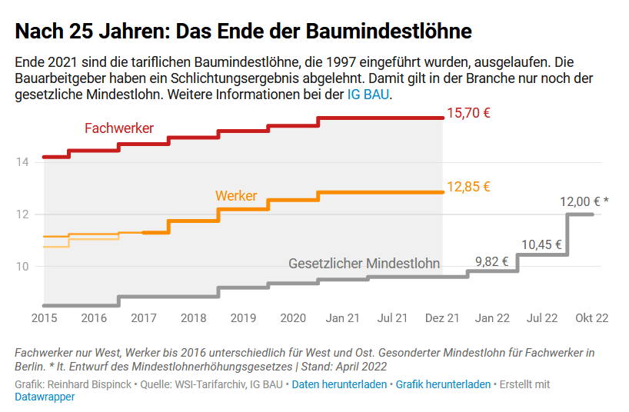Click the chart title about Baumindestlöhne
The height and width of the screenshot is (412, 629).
[x=243, y=32]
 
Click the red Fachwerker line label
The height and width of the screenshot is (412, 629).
[x=119, y=128]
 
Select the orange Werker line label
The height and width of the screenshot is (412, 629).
[x=236, y=196]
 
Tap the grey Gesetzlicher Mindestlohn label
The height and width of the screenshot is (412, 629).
[x=364, y=263]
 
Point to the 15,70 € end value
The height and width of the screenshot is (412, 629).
[x=468, y=113]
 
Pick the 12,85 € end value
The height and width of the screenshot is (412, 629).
[x=468, y=187]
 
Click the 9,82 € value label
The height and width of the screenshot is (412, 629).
[x=492, y=261]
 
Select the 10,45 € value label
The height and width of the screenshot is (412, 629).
[x=541, y=245]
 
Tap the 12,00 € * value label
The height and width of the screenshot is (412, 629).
[x=584, y=201]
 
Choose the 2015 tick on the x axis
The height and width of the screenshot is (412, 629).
[x=44, y=317]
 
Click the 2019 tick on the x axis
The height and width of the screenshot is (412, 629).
[x=243, y=317]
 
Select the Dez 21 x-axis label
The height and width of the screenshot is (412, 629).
[x=442, y=317]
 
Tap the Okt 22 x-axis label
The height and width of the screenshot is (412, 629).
[x=591, y=317]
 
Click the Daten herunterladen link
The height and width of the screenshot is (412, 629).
[x=339, y=384]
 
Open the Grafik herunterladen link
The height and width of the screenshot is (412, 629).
[x=443, y=384]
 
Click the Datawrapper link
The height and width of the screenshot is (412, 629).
[x=45, y=397]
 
